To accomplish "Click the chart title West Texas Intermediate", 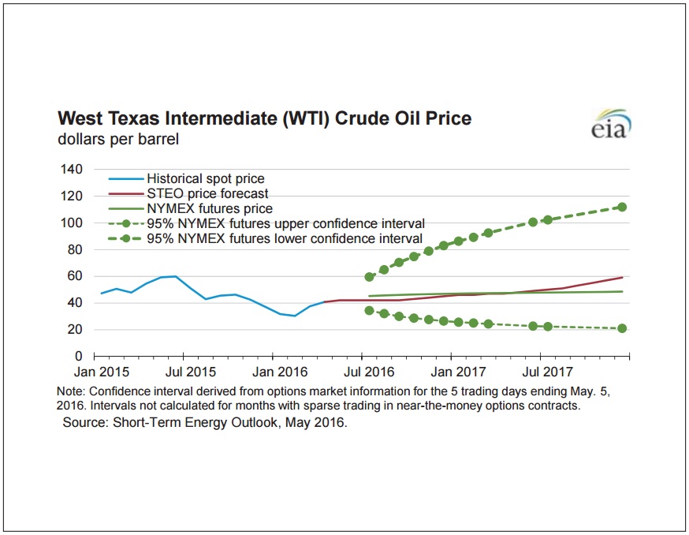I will pos(265,119).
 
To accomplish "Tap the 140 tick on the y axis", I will pos(72,170).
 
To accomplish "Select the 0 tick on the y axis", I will pos(79,357).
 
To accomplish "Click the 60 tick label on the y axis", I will pos(75,276).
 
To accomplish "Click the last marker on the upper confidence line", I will pos(622,207).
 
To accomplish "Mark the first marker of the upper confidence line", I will pos(369,277).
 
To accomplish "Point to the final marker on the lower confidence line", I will pos(622,328).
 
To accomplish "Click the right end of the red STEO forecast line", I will pos(623,277).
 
